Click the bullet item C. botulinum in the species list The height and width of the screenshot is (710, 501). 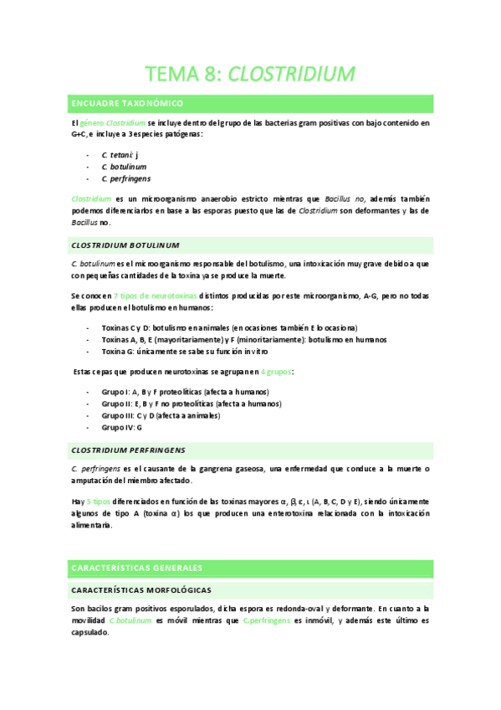click(x=124, y=167)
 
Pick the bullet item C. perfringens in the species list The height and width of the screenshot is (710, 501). click(x=126, y=178)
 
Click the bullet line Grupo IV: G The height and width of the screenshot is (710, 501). click(x=122, y=427)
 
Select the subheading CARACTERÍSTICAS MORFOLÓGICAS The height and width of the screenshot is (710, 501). click(x=141, y=590)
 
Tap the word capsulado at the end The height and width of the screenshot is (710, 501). click(x=90, y=632)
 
